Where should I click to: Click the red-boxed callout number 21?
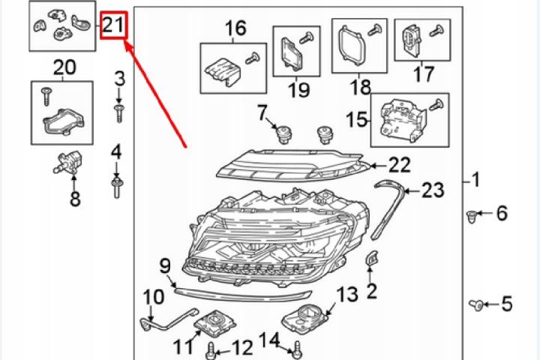[x=113, y=25]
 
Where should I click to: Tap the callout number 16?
[x=236, y=28]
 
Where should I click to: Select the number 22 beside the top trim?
[x=400, y=165]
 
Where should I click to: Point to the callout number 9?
[x=165, y=266]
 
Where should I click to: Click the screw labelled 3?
[x=119, y=113]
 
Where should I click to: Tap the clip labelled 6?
[x=472, y=217]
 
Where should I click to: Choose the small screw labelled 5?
[x=477, y=305]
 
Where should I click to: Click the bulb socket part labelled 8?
[x=68, y=163]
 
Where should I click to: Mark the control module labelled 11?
[x=216, y=322]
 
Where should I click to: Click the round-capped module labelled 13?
[x=304, y=318]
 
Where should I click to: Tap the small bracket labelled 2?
[x=371, y=258]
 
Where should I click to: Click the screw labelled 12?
[x=211, y=352]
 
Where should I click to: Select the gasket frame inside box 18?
[x=351, y=45]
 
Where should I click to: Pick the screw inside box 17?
[x=436, y=31]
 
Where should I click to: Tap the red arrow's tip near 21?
[x=125, y=42]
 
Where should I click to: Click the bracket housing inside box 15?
[x=403, y=120]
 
